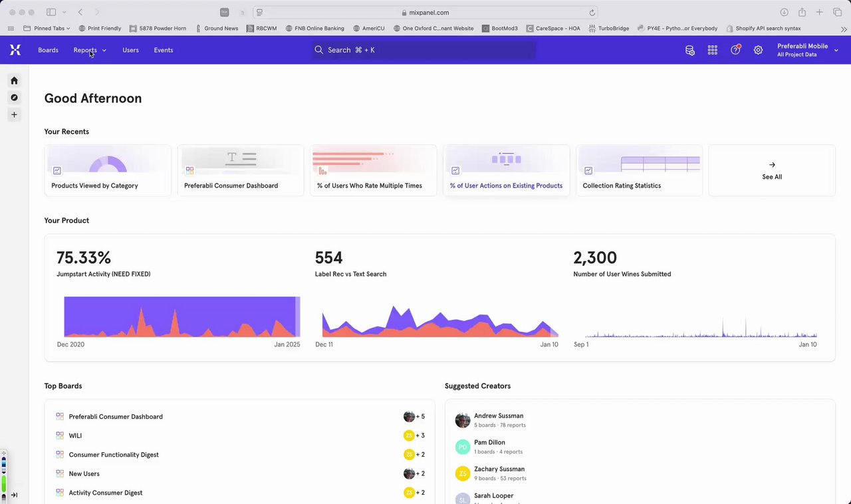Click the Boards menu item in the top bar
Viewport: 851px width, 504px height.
pos(48,50)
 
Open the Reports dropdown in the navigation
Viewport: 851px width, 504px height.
pos(89,50)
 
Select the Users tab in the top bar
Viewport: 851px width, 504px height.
pos(130,50)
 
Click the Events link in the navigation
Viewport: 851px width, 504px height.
pos(164,50)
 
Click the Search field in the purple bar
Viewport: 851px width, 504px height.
pos(424,50)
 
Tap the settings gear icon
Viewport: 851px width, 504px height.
pos(758,50)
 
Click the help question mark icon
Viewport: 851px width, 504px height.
pos(735,50)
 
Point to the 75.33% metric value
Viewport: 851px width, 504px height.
pos(84,258)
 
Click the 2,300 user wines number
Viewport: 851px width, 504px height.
pos(595,258)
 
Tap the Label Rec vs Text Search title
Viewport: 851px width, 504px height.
pos(350,274)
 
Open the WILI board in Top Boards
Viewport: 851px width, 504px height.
pos(75,436)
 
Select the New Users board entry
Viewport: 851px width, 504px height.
pos(84,474)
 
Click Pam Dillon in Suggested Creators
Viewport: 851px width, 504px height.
pos(489,442)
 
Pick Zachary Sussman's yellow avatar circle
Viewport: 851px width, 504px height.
pos(463,473)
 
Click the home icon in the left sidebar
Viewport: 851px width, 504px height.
pos(14,80)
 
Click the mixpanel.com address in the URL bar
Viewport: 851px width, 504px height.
pos(429,12)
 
